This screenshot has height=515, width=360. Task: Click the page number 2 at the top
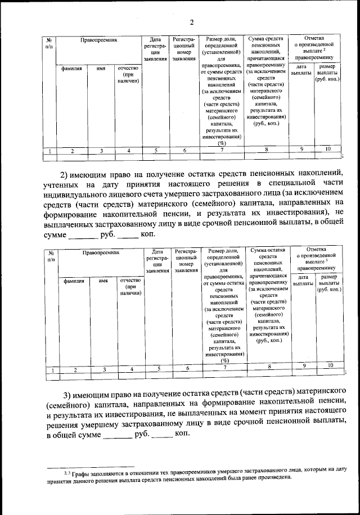191,22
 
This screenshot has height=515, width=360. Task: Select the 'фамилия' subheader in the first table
72,67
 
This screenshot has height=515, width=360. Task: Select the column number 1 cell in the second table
52,369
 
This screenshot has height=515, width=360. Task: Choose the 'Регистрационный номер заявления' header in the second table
186,260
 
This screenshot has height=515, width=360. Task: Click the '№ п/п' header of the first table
49,44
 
